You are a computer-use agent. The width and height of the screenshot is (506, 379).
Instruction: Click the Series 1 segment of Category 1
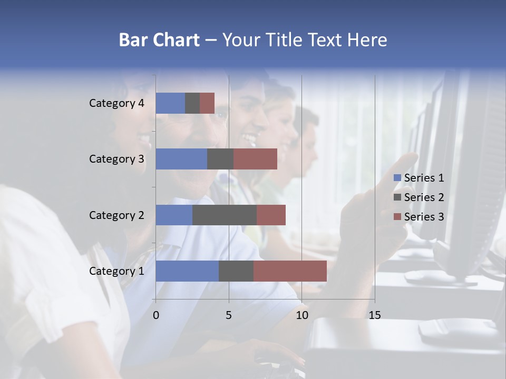tap(187, 271)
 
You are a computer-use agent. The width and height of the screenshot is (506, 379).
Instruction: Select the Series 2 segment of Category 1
tap(236, 271)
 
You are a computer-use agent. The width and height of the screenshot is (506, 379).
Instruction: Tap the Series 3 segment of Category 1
tap(290, 271)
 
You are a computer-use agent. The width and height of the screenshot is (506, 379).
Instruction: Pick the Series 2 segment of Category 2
tap(225, 215)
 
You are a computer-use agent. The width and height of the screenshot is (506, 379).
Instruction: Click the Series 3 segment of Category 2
tap(271, 215)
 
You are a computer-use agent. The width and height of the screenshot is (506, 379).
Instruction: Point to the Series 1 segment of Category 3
tap(181, 159)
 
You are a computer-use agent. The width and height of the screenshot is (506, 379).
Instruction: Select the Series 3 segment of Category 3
tap(255, 159)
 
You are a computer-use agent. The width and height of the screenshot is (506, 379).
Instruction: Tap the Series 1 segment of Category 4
tap(170, 103)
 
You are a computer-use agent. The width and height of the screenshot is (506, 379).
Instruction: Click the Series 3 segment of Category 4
tap(207, 103)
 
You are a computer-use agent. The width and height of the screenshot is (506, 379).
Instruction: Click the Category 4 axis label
tap(116, 103)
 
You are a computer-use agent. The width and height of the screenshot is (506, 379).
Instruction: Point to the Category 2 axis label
tap(116, 215)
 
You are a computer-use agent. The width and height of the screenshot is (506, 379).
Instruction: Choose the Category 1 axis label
tap(116, 271)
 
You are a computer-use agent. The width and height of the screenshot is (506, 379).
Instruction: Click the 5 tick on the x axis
tap(229, 315)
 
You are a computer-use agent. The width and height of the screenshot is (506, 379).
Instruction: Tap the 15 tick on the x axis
tap(374, 315)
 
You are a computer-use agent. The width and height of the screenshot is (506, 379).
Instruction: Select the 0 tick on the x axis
tap(156, 315)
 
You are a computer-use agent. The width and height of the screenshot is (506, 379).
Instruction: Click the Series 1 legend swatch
tap(397, 178)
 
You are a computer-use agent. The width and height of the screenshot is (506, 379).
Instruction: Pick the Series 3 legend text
tap(424, 217)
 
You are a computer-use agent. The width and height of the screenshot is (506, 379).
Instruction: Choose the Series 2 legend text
tap(424, 197)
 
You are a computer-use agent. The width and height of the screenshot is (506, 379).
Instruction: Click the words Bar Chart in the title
tap(159, 40)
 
